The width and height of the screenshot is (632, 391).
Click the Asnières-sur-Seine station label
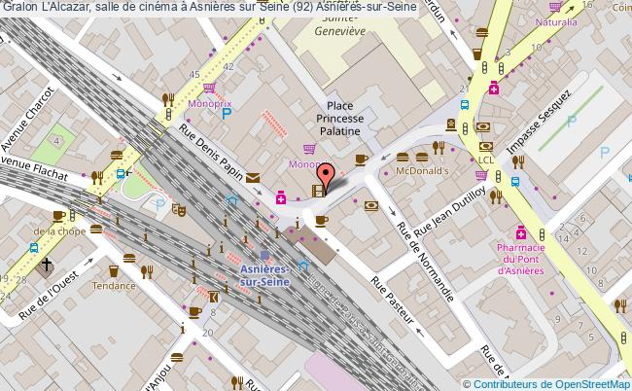(x=263, y=272)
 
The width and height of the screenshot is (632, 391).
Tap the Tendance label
(x=114, y=286)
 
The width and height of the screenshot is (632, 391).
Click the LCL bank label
(x=486, y=160)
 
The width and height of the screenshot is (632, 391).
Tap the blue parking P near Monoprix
(x=227, y=114)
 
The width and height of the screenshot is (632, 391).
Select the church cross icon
(x=46, y=266)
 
